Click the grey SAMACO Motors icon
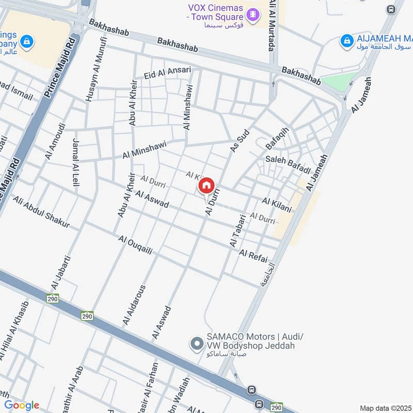pyautogui.click(x=196, y=343)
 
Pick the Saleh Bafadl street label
pyautogui.click(x=288, y=165)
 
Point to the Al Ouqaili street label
pyautogui.click(x=135, y=245)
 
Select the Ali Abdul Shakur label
pyautogui.click(x=41, y=212)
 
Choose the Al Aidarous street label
pyautogui.click(x=134, y=305)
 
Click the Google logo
pyautogui.click(x=21, y=405)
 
